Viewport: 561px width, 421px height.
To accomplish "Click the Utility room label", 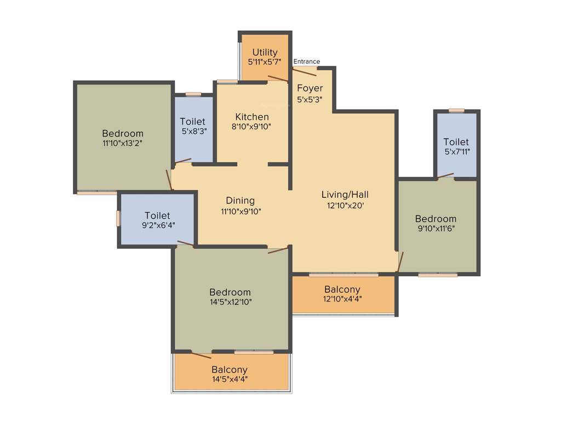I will pyautogui.click(x=265, y=53).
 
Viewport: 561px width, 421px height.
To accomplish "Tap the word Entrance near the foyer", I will pyautogui.click(x=307, y=61).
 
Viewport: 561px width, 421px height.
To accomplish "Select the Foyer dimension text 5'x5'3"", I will pyautogui.click(x=310, y=100).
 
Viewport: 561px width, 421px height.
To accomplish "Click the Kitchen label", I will pyautogui.click(x=252, y=117).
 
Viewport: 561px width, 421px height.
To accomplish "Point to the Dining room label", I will pyautogui.click(x=240, y=201).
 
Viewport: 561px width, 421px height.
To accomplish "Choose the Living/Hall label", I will pyautogui.click(x=345, y=195).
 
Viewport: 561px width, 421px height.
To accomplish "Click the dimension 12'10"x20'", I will pyautogui.click(x=345, y=206).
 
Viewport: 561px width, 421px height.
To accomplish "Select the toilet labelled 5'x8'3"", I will pyautogui.click(x=193, y=126).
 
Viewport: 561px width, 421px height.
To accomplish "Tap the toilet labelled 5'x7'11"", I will pyautogui.click(x=456, y=146).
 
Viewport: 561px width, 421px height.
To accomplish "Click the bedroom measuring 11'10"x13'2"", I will pyautogui.click(x=123, y=138).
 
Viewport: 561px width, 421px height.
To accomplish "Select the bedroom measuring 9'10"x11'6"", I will pyautogui.click(x=436, y=224).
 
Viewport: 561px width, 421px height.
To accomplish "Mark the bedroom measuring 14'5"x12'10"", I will pyautogui.click(x=230, y=297).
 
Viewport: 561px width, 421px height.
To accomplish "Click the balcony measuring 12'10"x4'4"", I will pyautogui.click(x=342, y=294).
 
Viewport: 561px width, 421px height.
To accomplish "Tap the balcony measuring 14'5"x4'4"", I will pyautogui.click(x=230, y=374).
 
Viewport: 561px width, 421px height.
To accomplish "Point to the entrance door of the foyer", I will pyautogui.click(x=305, y=71).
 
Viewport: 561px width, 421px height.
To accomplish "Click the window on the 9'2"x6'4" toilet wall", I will pyautogui.click(x=118, y=218).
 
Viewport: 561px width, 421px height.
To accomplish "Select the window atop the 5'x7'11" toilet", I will pyautogui.click(x=456, y=110).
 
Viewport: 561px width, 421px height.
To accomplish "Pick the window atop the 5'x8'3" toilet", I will pyautogui.click(x=193, y=94).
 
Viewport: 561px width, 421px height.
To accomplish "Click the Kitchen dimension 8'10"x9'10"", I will pyautogui.click(x=251, y=126).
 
